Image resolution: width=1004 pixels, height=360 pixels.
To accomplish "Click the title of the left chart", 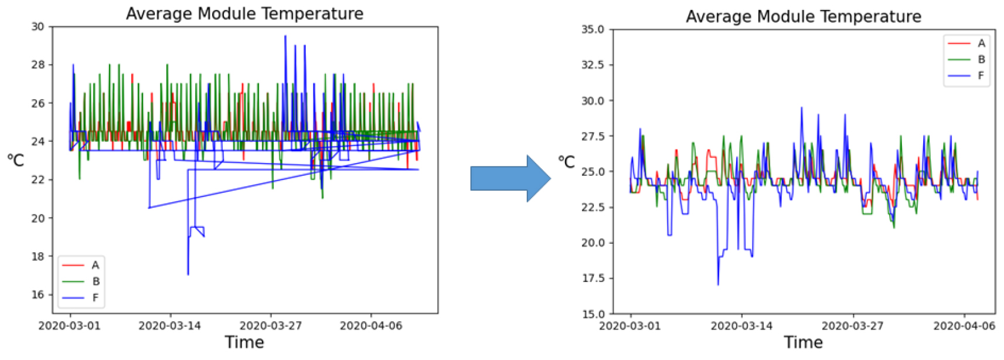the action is click(x=244, y=13).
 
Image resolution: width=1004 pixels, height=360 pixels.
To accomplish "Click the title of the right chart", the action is click(x=803, y=16).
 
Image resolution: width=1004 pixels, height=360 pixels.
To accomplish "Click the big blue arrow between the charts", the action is click(x=510, y=178).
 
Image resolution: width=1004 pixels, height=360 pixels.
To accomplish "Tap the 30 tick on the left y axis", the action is click(x=38, y=26).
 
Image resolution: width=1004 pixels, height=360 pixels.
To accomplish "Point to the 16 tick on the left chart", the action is click(x=38, y=294).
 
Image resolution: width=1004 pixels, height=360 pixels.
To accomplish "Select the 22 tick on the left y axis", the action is click(x=38, y=180).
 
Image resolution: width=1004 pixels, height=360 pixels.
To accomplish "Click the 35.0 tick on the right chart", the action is click(x=593, y=29).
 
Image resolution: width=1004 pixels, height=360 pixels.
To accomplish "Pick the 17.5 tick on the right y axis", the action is click(x=593, y=279).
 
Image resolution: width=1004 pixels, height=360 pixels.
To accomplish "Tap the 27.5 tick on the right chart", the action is click(x=593, y=136).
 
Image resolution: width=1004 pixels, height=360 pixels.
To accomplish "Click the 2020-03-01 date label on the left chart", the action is click(x=70, y=325).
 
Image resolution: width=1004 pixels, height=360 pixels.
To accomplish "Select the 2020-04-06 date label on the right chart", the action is click(x=964, y=325).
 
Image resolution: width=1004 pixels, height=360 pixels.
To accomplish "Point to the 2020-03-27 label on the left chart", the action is click(x=271, y=325).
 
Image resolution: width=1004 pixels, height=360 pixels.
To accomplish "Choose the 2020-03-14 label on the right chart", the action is click(x=742, y=325).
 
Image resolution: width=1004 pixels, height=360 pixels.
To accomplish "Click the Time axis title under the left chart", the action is click(x=244, y=342).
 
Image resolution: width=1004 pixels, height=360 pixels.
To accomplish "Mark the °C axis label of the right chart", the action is click(x=567, y=162).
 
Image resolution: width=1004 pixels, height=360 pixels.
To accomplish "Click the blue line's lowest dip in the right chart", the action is click(x=718, y=285).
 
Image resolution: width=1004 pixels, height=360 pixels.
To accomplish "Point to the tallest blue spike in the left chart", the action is click(x=285, y=36).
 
